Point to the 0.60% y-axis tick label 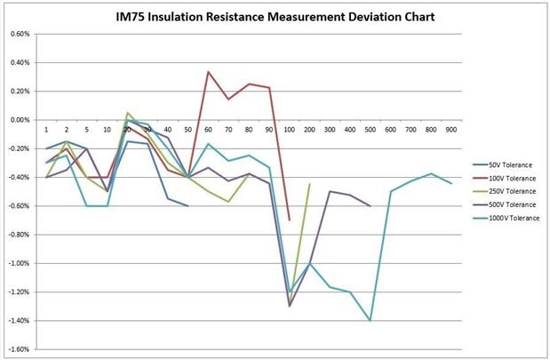point(20,34)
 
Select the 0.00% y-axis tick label point(20,120)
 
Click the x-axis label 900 point(451,130)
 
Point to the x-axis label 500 point(370,130)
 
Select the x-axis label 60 point(208,130)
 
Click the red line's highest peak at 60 point(209,72)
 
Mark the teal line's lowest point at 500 point(370,320)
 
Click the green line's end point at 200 point(309,184)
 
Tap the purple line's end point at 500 point(370,206)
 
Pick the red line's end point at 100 point(290,220)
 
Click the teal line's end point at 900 point(451,183)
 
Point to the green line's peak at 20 point(128,113)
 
